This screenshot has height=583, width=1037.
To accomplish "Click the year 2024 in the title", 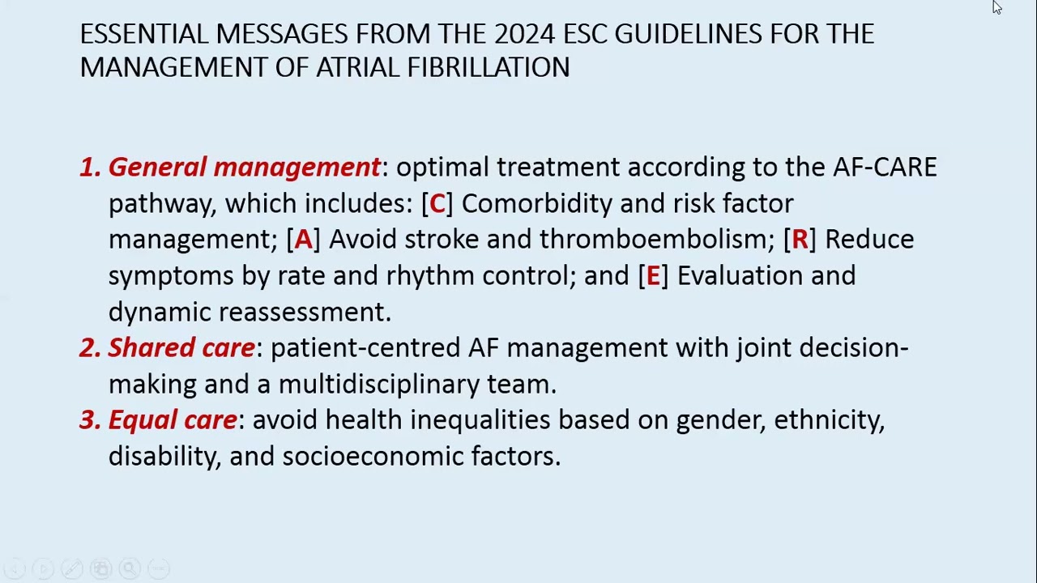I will click(x=524, y=34).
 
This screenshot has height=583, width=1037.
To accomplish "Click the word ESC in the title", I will click(x=585, y=34).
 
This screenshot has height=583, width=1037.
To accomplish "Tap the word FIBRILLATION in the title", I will click(x=489, y=68).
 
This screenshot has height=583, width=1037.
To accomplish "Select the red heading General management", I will click(x=244, y=168).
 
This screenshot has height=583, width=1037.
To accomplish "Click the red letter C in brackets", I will click(x=437, y=203).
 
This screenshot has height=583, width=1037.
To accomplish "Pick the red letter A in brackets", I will click(x=303, y=240).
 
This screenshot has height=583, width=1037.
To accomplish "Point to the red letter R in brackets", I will click(x=800, y=240).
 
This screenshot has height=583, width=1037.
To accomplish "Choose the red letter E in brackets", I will click(x=653, y=276).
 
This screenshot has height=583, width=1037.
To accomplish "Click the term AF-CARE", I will click(x=885, y=168).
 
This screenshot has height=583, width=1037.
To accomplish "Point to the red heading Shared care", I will click(x=181, y=348).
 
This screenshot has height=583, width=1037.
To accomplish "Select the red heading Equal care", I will click(x=172, y=420).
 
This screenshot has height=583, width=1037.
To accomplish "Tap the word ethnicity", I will click(x=828, y=420).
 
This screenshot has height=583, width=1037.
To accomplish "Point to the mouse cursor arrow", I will click(x=996, y=6).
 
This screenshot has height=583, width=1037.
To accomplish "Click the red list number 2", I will click(x=88, y=348).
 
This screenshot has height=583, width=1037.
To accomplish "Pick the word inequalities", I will click(x=480, y=420).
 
